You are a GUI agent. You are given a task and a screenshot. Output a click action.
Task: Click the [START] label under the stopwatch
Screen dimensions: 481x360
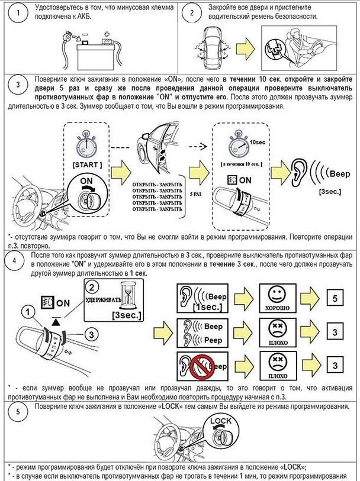tap(88, 163)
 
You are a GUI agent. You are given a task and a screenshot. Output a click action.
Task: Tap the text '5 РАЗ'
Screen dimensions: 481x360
tap(196, 194)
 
